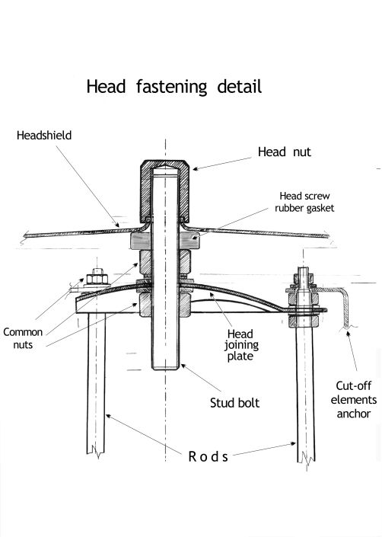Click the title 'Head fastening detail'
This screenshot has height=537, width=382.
pyautogui.click(x=174, y=87)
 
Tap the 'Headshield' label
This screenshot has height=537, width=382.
pyautogui.click(x=44, y=136)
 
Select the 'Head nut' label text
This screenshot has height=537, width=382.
pyautogui.click(x=284, y=152)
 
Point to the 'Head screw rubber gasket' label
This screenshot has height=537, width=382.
pyautogui.click(x=304, y=202)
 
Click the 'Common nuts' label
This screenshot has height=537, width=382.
pyautogui.click(x=23, y=338)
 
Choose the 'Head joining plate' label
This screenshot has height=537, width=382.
pyautogui.click(x=241, y=345)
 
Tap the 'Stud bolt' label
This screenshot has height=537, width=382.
pyautogui.click(x=234, y=403)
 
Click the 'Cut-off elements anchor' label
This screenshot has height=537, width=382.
pyautogui.click(x=354, y=400)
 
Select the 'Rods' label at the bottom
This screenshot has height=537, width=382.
pyautogui.click(x=208, y=456)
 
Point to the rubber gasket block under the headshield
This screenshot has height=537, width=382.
pyautogui.click(x=165, y=241)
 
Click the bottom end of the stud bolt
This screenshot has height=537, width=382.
pyautogui.click(x=165, y=368)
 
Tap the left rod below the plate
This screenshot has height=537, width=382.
pyautogui.click(x=96, y=384)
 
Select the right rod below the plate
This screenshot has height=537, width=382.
pyautogui.click(x=305, y=394)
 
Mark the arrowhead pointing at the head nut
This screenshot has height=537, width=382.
pyautogui.click(x=196, y=168)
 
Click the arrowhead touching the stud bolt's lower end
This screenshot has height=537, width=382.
pyautogui.click(x=183, y=366)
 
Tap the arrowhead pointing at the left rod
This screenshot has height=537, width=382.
pyautogui.click(x=108, y=416)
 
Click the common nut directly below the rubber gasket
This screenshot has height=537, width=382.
pyautogui.click(x=165, y=262)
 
